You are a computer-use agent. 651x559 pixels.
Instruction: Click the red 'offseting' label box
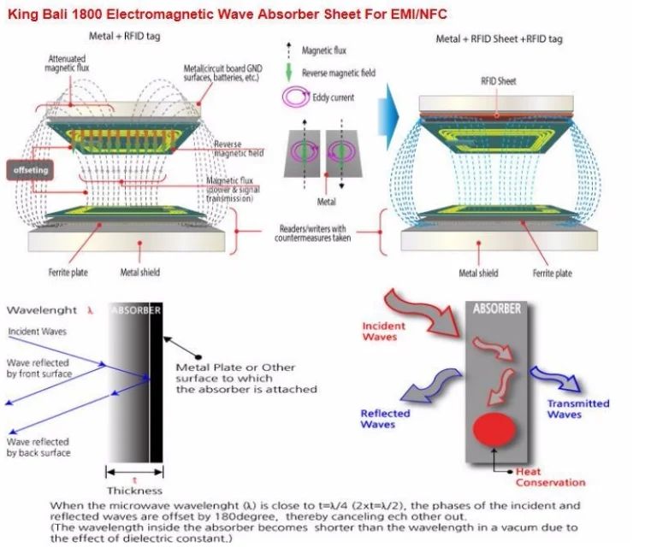[31, 170]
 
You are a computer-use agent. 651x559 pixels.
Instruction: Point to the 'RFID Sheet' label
[498, 81]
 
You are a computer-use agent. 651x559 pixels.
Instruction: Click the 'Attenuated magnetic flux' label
[67, 63]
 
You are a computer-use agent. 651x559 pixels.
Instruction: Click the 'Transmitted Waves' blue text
[578, 409]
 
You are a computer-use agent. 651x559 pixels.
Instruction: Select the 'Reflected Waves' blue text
[385, 419]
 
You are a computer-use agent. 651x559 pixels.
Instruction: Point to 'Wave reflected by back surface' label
[38, 447]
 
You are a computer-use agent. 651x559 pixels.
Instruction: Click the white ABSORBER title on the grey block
[496, 309]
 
